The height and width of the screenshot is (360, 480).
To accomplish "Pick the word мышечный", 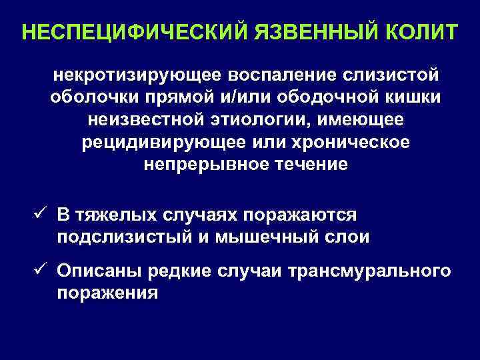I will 282,237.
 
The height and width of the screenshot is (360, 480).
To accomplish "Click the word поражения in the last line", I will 107,294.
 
